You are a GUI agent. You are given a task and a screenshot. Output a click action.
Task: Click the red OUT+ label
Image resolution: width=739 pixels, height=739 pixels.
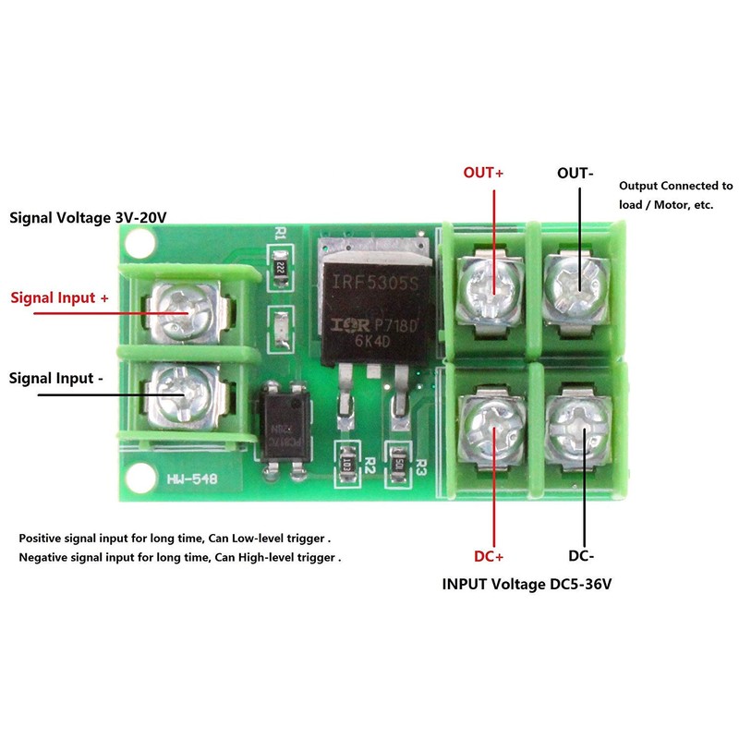point(483,173)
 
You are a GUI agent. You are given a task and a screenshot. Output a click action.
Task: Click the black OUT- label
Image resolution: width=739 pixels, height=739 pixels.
point(575,173)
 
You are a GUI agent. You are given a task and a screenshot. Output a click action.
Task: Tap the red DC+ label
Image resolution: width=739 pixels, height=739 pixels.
point(488,556)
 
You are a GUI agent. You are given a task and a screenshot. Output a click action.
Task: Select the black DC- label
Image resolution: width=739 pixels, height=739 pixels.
point(579,556)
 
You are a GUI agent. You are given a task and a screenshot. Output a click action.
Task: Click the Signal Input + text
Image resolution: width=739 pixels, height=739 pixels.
point(59,298)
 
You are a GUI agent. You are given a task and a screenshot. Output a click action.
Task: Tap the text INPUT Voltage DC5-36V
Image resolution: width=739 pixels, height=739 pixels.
point(527,585)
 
